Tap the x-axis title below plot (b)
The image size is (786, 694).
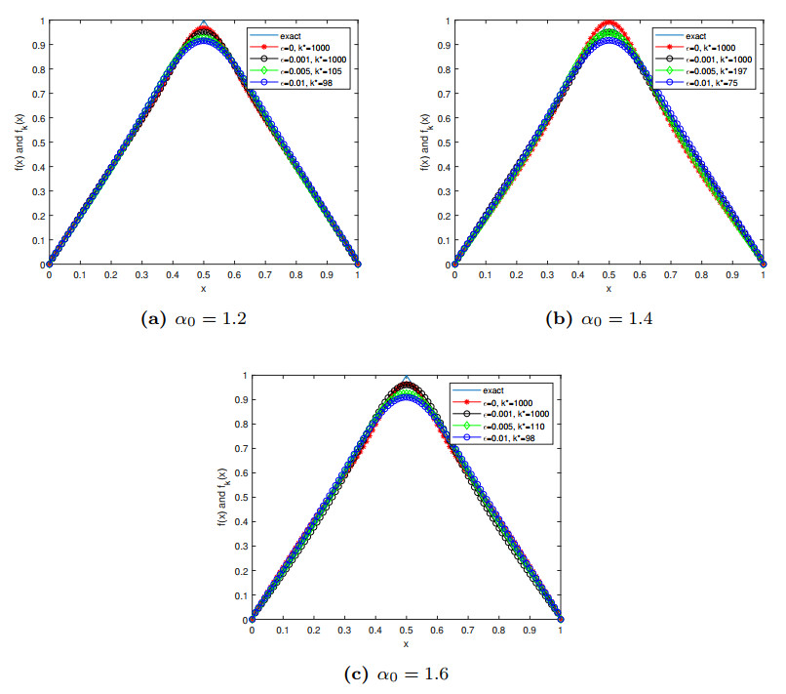[x=609, y=289]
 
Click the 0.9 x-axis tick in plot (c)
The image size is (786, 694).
[x=530, y=632]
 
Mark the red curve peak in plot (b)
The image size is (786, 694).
[x=609, y=22]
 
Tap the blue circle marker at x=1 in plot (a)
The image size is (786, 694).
[x=357, y=263]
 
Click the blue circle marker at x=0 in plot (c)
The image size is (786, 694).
[x=253, y=618]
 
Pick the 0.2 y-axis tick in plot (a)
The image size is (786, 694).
[x=39, y=215]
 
